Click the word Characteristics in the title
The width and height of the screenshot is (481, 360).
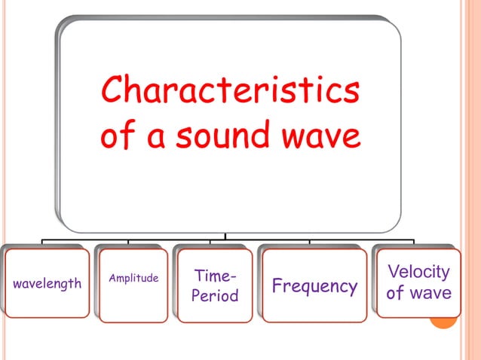pyautogui.click(x=230, y=93)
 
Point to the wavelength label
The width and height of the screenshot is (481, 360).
pyautogui.click(x=47, y=284)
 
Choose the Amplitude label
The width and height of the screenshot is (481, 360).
pyautogui.click(x=134, y=279)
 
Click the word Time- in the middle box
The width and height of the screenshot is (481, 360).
pyautogui.click(x=215, y=276)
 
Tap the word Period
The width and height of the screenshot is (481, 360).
pyautogui.click(x=215, y=296)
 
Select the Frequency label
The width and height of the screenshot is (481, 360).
pyautogui.click(x=314, y=286)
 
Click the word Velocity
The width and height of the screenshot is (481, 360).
pyautogui.click(x=418, y=272)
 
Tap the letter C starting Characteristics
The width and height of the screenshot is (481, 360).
pyautogui.click(x=112, y=93)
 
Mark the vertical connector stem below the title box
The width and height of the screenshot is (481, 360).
pyautogui.click(x=225, y=236)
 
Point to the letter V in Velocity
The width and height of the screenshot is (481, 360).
pyautogui.click(x=394, y=272)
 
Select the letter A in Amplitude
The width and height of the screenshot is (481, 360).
pyautogui.click(x=114, y=279)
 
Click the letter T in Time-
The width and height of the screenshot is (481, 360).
pyautogui.click(x=199, y=276)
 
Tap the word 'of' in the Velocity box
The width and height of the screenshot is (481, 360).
pyautogui.click(x=395, y=293)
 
